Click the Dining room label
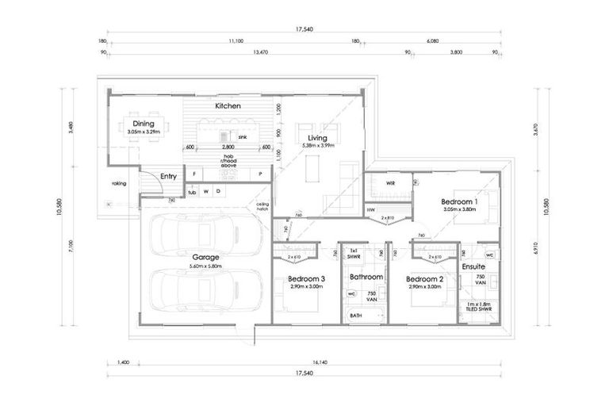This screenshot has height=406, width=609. click(x=144, y=123)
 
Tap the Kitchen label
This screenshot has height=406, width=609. click(x=228, y=105)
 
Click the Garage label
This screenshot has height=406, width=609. click(x=205, y=258)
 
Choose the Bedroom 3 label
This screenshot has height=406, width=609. click(x=306, y=278)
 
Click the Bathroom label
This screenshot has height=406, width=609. click(x=367, y=277)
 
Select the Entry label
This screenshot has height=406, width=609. click(x=168, y=176)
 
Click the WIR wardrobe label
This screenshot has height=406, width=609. click(x=390, y=183)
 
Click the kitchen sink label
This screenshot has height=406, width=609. click(x=243, y=136)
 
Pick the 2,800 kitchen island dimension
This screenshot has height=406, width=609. click(x=228, y=147)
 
